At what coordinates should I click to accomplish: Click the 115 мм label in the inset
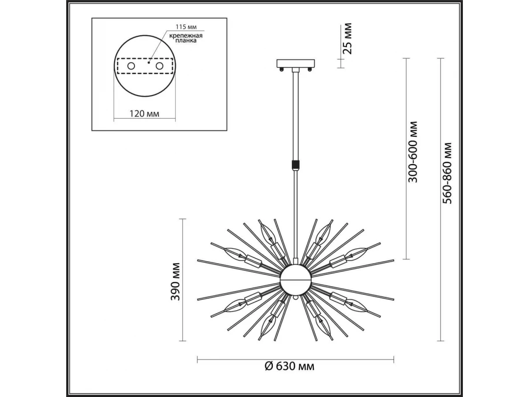186,26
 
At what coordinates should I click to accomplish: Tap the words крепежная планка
186,38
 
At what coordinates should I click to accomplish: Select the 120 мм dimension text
144,113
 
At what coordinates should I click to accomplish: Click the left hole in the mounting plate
131,66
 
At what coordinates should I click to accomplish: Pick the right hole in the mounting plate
159,66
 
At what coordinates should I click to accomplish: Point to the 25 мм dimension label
347,38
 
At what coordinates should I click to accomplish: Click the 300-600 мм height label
412,152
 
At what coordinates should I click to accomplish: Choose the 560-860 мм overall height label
447,173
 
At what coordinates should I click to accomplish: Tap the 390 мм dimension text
175,281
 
